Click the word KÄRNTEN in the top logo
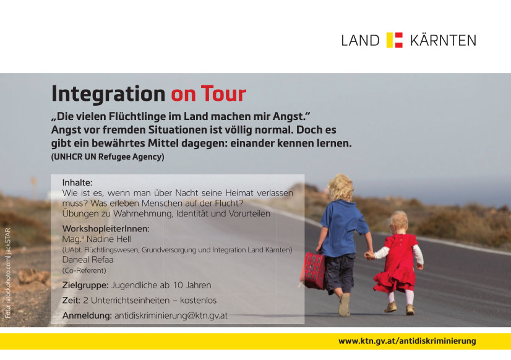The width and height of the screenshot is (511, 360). [443, 40]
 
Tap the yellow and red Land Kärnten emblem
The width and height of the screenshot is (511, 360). [394, 40]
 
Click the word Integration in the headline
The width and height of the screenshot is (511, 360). [108, 94]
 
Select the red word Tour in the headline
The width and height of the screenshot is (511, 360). [223, 94]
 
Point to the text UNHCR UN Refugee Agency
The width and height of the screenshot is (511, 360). [108, 156]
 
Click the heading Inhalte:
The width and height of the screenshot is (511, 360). [77, 182]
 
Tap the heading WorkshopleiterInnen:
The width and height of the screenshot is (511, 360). [106, 229]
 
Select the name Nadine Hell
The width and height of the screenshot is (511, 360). [108, 239]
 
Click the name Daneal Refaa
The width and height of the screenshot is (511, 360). [88, 260]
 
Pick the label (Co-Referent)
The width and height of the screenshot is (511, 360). [84, 270]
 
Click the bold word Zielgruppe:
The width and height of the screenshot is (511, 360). [85, 285]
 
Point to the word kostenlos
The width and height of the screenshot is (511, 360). [198, 301]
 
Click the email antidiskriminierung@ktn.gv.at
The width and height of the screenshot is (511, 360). [171, 315]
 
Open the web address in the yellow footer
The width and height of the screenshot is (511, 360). [407, 341]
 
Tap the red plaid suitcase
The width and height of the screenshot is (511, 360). [314, 271]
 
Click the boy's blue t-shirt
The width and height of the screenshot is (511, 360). [343, 229]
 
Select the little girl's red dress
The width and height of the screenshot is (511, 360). [398, 264]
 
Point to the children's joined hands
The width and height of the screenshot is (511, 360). [369, 255]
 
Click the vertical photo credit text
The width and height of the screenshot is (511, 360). [8, 273]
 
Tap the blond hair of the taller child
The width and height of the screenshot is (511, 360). [341, 187]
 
